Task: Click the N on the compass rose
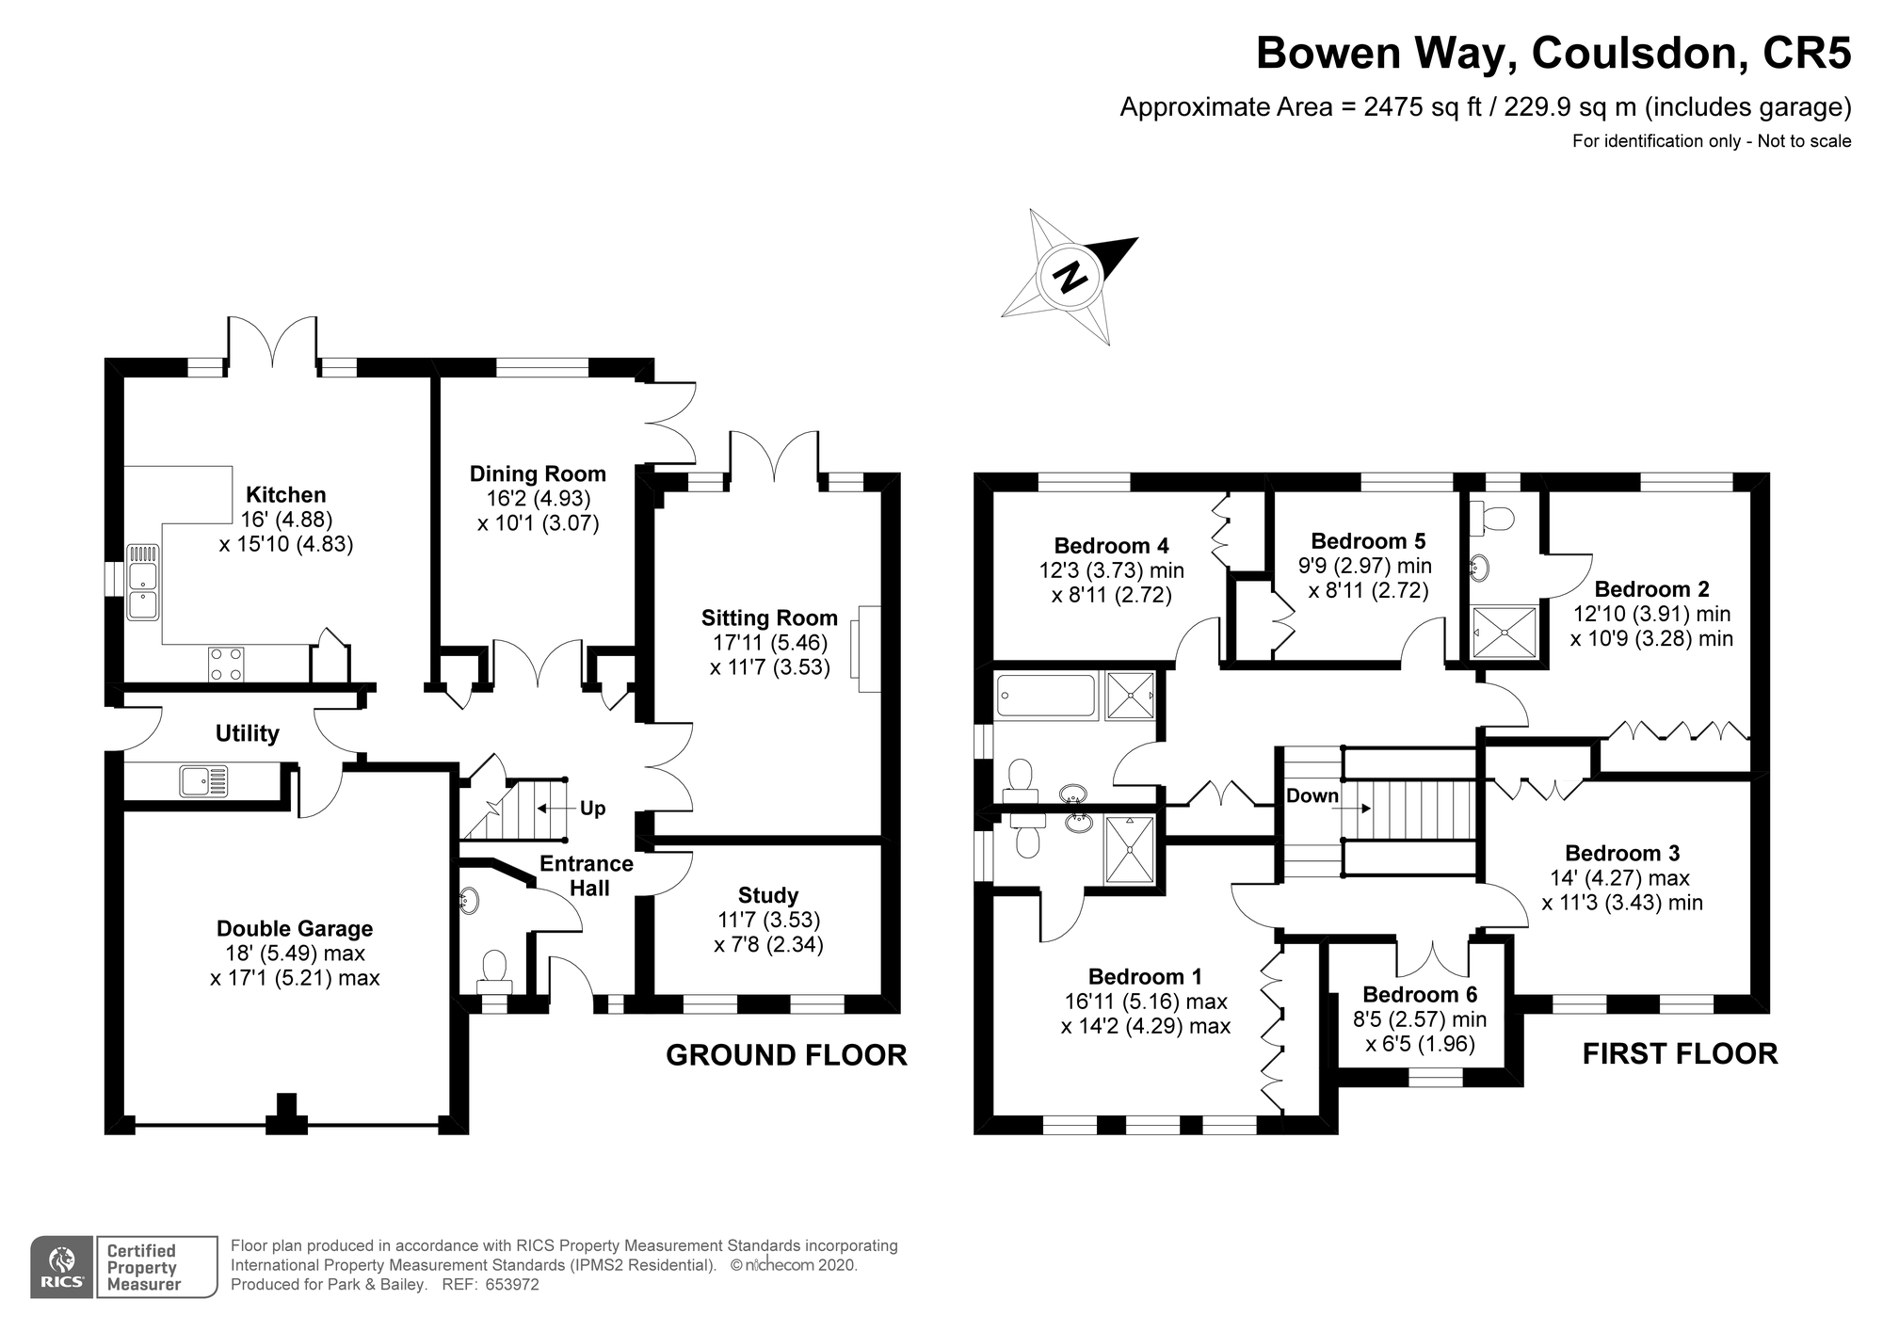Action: [1070, 277]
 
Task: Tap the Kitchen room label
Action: [285, 495]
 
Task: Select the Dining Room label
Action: [538, 474]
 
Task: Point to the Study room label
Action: [768, 896]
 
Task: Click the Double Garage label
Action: [295, 929]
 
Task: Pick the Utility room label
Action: [247, 734]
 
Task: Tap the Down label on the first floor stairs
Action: [1312, 795]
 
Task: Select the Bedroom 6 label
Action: [1420, 995]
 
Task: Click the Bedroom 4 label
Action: [1111, 546]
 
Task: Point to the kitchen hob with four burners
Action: [226, 664]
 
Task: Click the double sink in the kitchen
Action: [143, 581]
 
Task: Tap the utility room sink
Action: [203, 780]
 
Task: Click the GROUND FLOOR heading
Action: [786, 1055]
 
